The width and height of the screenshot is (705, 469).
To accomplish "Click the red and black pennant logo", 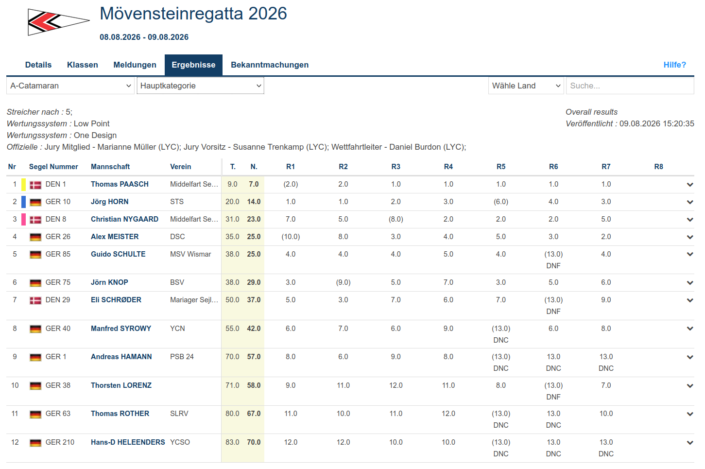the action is [x=58, y=22].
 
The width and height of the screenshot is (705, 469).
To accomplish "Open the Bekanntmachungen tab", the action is [x=269, y=65].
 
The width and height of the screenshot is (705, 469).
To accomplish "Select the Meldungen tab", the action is [x=135, y=65].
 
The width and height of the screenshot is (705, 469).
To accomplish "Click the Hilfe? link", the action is [x=674, y=65].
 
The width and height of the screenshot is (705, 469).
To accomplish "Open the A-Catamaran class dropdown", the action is [x=70, y=86].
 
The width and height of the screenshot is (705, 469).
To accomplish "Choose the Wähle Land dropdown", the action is [x=526, y=86].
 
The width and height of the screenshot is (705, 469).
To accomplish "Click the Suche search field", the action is [x=630, y=86].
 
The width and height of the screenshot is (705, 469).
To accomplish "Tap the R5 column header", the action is [x=501, y=167].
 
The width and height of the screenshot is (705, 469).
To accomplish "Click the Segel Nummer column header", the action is [x=53, y=167].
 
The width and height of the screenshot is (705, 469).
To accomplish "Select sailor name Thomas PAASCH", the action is [x=120, y=184].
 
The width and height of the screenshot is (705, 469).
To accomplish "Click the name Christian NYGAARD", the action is [x=125, y=219].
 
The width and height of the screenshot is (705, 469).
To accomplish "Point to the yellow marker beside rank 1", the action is [x=23, y=185].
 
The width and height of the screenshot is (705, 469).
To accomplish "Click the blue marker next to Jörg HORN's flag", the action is [x=23, y=202].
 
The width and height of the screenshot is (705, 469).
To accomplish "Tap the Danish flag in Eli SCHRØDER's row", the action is [x=35, y=300].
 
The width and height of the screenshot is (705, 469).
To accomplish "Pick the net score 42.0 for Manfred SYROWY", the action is [x=254, y=329].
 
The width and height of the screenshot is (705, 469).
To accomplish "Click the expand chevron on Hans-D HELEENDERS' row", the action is [x=690, y=443].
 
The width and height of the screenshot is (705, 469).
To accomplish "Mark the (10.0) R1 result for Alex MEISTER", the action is [x=291, y=237].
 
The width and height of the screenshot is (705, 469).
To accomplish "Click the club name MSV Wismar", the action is [x=190, y=254].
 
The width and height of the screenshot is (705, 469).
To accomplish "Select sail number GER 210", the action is [x=60, y=442].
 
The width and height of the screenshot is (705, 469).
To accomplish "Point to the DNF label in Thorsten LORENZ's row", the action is [x=553, y=397].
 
